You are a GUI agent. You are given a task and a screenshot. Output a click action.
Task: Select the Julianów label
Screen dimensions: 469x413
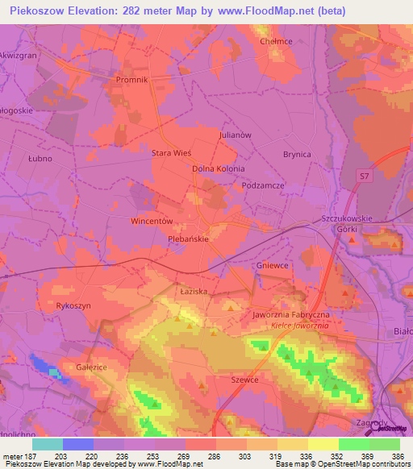[x=236, y=135]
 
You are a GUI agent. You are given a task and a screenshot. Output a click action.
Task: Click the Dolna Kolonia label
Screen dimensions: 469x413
[x=218, y=169]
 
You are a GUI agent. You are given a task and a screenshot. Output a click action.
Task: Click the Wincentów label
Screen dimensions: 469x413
[x=152, y=220]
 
